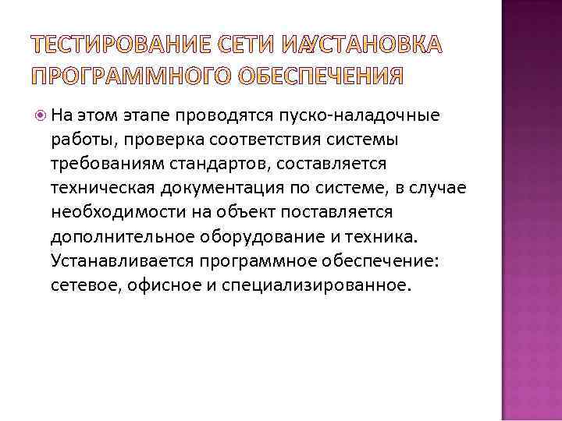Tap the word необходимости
pos(106,212)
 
